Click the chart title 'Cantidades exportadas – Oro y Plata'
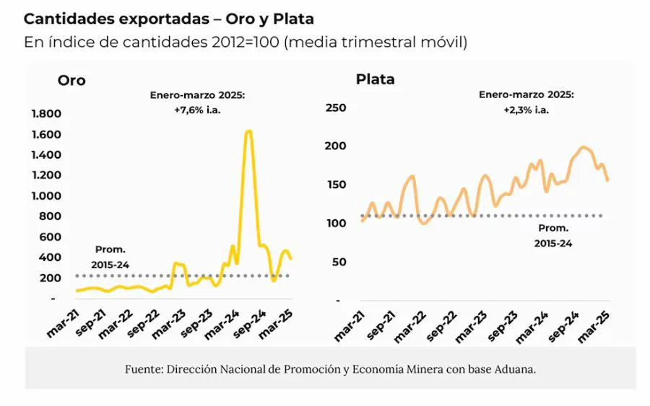tap(168, 18)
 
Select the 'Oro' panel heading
tap(71, 80)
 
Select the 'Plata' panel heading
tap(375, 79)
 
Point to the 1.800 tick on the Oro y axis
tap(45, 114)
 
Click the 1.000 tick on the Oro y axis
tap(45, 196)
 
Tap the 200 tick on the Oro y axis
tap(51, 278)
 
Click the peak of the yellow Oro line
tap(248, 131)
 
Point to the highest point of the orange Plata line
tap(584, 147)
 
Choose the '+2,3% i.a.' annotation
tap(526, 110)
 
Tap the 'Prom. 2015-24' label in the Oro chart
tap(110, 257)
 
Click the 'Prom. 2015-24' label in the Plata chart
tap(553, 235)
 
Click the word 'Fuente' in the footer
tap(143, 369)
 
